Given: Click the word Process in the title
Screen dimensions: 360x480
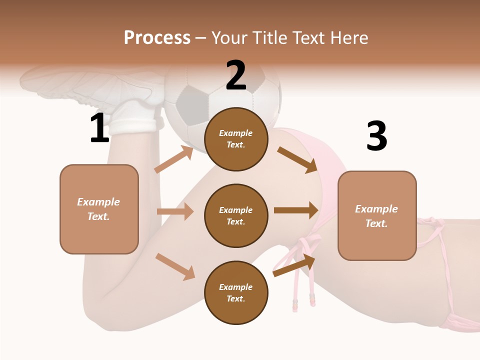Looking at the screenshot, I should pos(157,38).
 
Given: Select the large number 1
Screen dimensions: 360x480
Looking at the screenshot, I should pos(99,128).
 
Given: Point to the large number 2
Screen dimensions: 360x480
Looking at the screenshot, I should pos(236,75).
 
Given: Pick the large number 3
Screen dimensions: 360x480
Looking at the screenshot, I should pos(376,136).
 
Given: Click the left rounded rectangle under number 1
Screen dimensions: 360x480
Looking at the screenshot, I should pos(99,209).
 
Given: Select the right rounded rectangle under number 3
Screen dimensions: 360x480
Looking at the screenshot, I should pos(377,215).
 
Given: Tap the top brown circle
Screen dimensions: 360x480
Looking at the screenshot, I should pos(236,139).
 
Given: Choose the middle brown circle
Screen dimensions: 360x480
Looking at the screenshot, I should pos(236,215).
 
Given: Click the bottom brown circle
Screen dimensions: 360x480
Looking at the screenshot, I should pos(236,292).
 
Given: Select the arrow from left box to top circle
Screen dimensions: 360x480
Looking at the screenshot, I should pos(174,159).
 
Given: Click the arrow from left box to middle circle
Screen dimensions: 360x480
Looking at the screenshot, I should pos(175,211).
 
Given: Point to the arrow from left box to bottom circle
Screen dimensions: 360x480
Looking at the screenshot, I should pos(175,266).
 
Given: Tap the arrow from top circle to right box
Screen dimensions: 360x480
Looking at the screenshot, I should pos(297,159).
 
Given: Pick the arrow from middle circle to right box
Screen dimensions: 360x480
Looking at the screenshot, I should pos(296,210).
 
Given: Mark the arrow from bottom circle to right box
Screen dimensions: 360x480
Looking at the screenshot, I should pos(294,265).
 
